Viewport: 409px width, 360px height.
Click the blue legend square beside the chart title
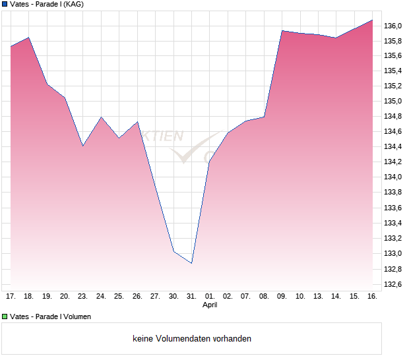(x=5, y=4)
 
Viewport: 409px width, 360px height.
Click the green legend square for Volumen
(x=5, y=316)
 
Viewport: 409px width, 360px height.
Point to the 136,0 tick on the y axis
(x=393, y=26)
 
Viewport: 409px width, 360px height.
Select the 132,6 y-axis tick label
(x=393, y=284)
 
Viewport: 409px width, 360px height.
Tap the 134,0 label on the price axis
(x=393, y=177)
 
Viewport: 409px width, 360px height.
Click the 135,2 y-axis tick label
(x=393, y=86)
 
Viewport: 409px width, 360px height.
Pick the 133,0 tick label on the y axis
(x=393, y=254)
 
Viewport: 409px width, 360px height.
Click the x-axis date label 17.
(x=11, y=297)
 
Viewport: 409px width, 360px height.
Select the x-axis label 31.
(x=191, y=297)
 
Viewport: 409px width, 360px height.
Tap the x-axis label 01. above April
(x=210, y=297)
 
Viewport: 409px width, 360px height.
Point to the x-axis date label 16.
(x=372, y=297)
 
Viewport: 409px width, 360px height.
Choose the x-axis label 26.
(x=137, y=297)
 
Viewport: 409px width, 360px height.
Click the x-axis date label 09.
(x=282, y=297)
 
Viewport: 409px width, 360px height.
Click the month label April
(x=210, y=305)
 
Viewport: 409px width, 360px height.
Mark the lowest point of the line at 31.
(x=191, y=263)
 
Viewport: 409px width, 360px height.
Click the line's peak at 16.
(x=372, y=20)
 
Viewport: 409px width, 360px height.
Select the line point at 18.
(x=29, y=38)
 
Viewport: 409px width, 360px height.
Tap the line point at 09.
(x=282, y=30)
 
